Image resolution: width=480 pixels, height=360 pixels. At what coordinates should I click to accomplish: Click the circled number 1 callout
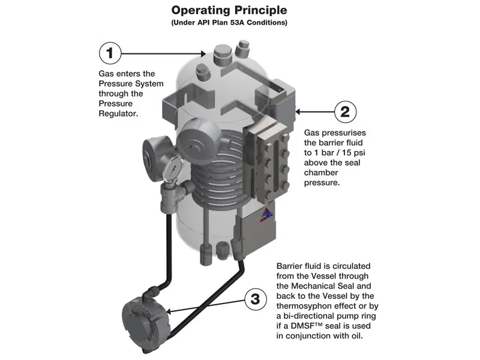coord(110,53)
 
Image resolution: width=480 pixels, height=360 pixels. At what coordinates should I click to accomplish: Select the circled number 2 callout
coord(346,112)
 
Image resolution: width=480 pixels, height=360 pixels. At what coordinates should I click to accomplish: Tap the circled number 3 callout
coord(256,299)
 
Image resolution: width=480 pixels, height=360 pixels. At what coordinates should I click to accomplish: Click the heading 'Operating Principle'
coord(229,10)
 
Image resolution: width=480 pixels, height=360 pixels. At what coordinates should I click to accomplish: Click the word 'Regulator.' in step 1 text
coord(118,113)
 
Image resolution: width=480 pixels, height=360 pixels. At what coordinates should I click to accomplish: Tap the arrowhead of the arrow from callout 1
coord(203,54)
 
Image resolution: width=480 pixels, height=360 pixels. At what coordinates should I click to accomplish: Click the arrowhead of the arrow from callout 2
coord(298,112)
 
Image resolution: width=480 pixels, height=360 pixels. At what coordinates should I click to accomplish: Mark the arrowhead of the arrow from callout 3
coord(169,312)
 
